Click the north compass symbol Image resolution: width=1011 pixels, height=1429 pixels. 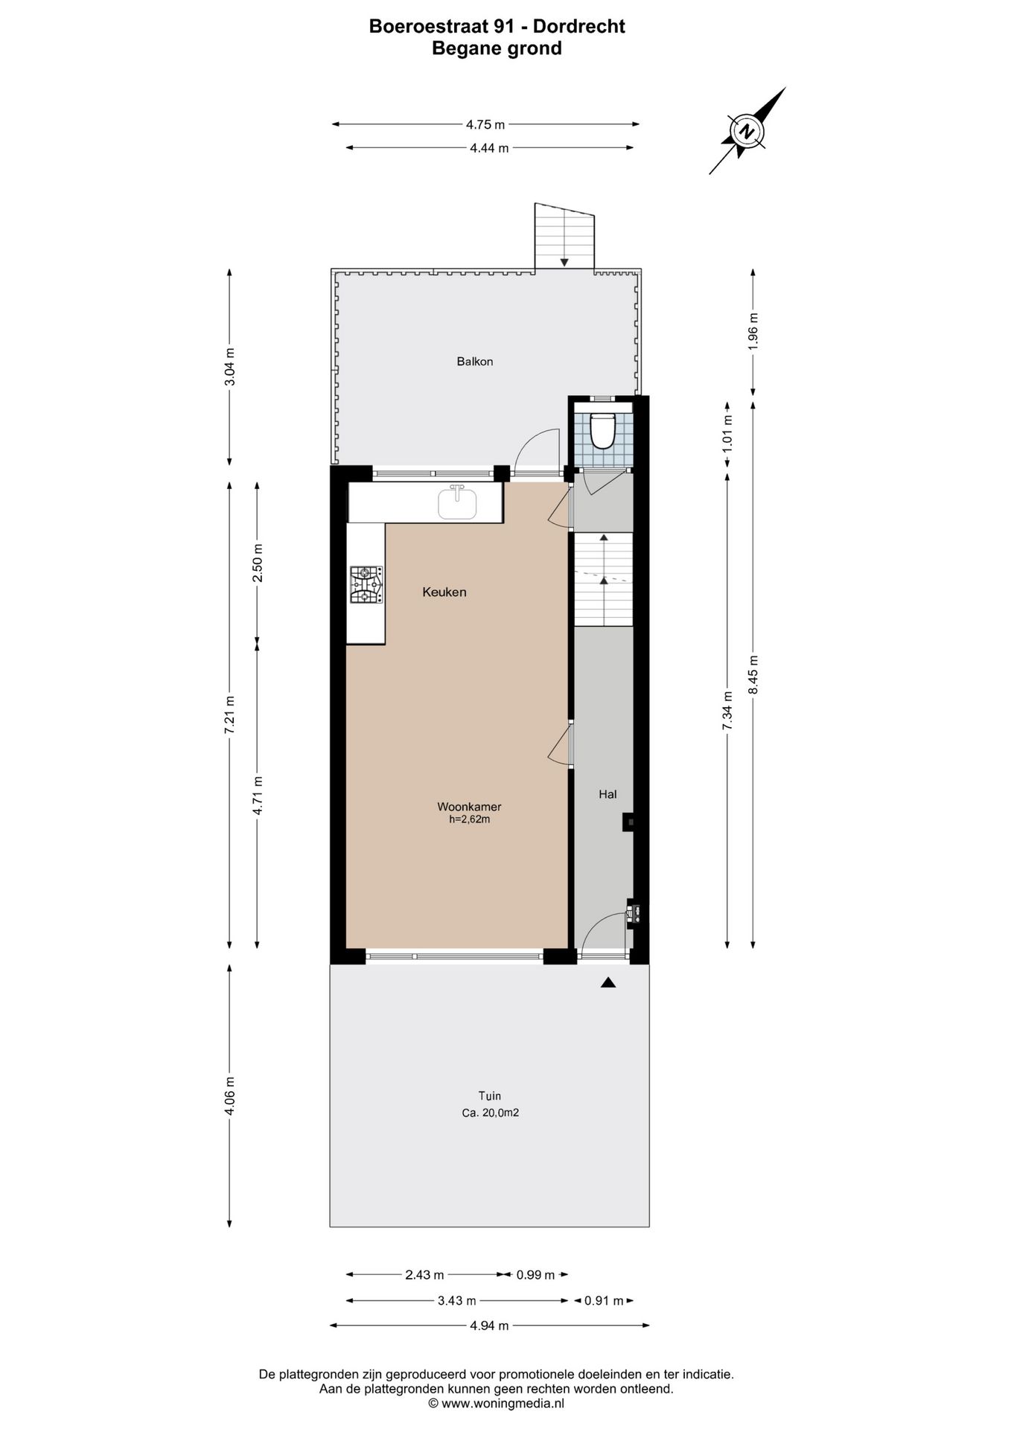pos(746,132)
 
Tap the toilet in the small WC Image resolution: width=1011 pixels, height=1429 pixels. pos(602,430)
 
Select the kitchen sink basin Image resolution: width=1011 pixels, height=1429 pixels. pos(457,502)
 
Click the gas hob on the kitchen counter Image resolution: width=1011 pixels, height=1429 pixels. pos(367,584)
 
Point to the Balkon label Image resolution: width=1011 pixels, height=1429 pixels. pos(475,362)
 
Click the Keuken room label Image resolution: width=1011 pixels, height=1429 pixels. pos(444,592)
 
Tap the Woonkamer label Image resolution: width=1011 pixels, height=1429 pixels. pos(469,806)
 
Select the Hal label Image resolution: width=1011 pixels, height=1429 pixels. pos(607,794)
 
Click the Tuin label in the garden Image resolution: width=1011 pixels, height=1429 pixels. pos(489,1096)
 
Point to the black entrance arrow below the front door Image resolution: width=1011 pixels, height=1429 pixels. pos(608,982)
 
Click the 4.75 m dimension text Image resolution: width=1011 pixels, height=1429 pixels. pos(485,124)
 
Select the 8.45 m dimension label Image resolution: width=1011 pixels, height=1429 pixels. pos(753,674)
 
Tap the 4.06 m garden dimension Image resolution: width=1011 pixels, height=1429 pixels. pos(229,1096)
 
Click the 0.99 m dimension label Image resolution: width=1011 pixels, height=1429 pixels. pos(535,1275)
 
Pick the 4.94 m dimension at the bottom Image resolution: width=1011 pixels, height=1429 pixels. pos(489,1326)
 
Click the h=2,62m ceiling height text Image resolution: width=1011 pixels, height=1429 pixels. pos(469,819)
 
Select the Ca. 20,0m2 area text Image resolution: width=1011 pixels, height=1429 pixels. pos(490,1113)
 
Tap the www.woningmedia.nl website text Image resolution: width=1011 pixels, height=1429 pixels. pos(503,1403)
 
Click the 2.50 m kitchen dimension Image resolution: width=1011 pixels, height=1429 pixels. pos(257,563)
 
